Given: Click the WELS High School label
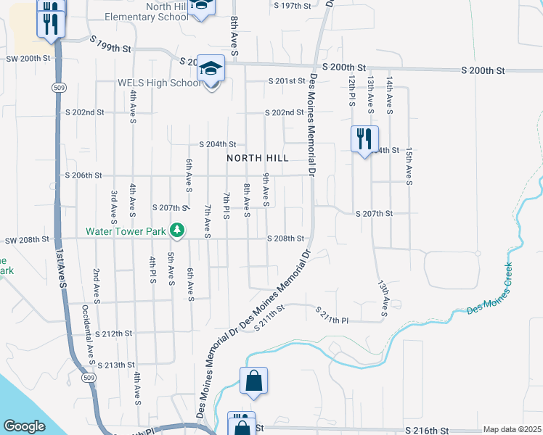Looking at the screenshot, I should click(160, 83).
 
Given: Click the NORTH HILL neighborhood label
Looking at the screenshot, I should click(257, 157).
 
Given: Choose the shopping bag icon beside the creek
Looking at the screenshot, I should click(253, 381).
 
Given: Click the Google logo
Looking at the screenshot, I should click(24, 426).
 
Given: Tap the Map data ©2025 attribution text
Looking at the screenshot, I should click(513, 429).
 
